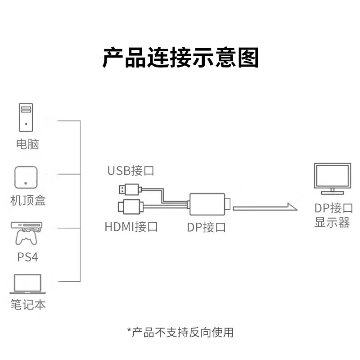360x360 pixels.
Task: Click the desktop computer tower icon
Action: (x=26, y=117)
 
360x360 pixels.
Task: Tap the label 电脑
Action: (x=27, y=144)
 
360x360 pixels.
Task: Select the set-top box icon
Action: (x=26, y=177)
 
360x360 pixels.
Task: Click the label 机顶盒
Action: (x=28, y=200)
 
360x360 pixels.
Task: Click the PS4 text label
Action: (x=27, y=257)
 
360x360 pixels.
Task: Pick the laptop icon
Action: (x=27, y=284)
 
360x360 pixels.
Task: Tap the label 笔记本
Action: (x=28, y=305)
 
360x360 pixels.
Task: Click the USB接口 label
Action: (x=130, y=171)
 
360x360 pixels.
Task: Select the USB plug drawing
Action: (x=130, y=189)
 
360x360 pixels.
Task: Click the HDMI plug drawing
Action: (x=130, y=207)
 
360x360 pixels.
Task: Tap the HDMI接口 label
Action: (x=131, y=227)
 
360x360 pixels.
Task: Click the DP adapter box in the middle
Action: (x=207, y=204)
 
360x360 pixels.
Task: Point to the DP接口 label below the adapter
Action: (x=206, y=227)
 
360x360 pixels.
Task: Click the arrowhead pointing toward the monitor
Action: (x=292, y=207)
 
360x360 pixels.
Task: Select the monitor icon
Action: (x=333, y=179)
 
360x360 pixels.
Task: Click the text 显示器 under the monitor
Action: (x=332, y=222)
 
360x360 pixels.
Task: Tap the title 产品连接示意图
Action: (x=180, y=58)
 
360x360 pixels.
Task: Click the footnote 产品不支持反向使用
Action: (x=183, y=333)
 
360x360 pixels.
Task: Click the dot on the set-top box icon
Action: (x=26, y=183)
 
